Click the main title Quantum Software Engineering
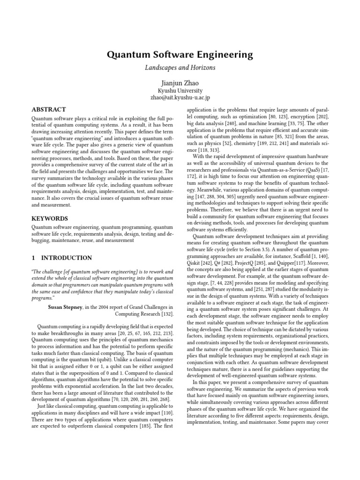(x=180, y=55)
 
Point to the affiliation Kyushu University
(x=180, y=90)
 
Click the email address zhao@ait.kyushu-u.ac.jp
(x=180, y=97)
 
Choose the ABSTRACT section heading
(x=48, y=109)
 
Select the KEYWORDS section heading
(x=49, y=218)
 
